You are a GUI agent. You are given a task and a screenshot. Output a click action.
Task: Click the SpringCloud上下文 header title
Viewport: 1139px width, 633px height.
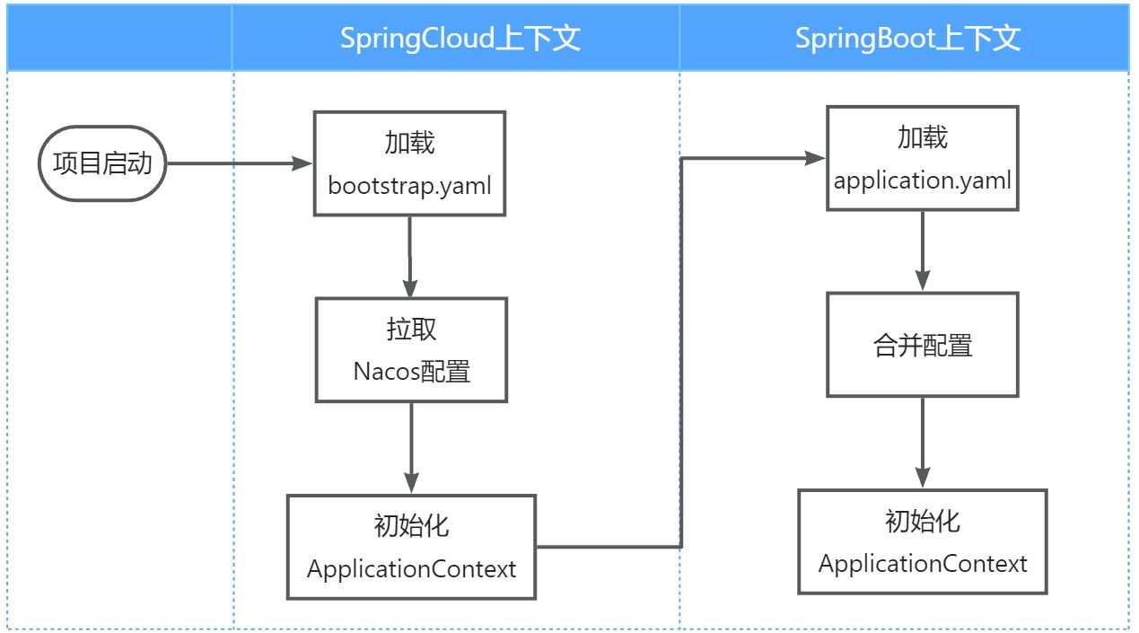pos(460,39)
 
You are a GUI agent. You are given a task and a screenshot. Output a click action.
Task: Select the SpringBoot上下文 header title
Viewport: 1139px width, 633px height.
pos(907,39)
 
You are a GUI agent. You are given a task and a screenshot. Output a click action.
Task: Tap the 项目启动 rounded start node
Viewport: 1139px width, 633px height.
pos(102,163)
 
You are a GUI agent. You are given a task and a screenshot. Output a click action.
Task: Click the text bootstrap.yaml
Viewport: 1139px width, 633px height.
pos(409,187)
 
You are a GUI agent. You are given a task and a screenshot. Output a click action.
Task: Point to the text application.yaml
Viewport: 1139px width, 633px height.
pos(923,180)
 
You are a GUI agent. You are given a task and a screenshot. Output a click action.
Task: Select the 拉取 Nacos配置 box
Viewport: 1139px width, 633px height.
pos(411,350)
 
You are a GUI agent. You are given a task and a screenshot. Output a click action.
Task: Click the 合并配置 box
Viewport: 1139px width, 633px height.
pos(923,345)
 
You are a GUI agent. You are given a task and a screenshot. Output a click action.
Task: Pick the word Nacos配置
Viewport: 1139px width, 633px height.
pos(412,371)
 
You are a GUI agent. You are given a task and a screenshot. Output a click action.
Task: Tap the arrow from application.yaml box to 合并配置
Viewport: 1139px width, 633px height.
pos(923,251)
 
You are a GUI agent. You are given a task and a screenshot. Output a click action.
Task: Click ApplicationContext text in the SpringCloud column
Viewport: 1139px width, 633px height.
pos(412,568)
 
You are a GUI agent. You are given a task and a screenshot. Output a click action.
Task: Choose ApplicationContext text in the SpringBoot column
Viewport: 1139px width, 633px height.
pos(923,564)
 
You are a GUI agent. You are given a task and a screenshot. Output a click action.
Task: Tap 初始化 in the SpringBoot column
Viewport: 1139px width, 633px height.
pos(923,521)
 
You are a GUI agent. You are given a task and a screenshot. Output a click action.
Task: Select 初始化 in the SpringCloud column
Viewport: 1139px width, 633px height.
pos(412,525)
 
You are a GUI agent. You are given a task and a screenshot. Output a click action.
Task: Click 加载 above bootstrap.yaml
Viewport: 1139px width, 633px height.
pos(409,143)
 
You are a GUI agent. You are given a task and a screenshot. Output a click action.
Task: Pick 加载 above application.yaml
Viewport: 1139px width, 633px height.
pos(923,136)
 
